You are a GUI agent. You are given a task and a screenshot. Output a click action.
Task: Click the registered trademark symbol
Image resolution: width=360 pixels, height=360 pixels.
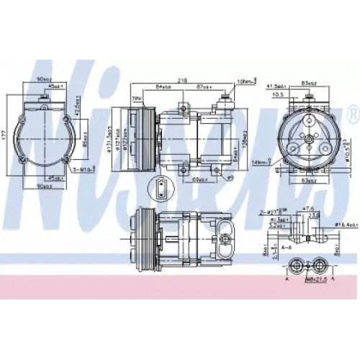tap(351, 113)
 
